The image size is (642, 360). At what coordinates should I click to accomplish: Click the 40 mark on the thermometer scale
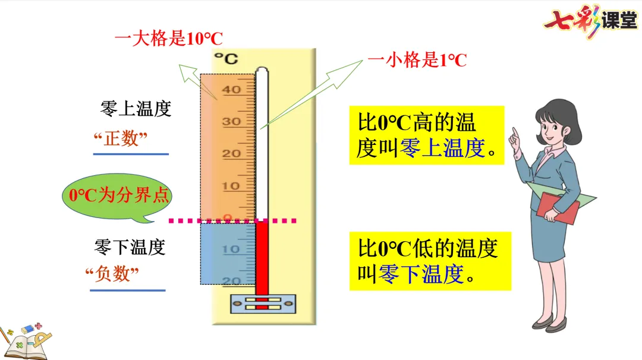(231, 90)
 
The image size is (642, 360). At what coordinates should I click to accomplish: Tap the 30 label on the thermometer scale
(231, 122)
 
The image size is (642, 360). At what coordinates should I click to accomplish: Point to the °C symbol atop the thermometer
(226, 58)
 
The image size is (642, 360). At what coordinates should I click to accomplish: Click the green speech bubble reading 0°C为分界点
(119, 197)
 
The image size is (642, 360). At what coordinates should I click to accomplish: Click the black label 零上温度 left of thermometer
(136, 109)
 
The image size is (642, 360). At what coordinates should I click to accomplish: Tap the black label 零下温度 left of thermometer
(130, 247)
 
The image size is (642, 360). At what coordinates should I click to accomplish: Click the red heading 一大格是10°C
(168, 40)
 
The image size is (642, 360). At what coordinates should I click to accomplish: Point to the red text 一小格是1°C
(417, 60)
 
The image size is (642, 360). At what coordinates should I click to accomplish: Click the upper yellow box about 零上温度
(426, 135)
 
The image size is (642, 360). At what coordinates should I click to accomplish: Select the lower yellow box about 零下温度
(429, 261)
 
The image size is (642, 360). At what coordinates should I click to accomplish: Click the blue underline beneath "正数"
(131, 154)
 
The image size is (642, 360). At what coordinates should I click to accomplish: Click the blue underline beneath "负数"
(127, 290)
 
